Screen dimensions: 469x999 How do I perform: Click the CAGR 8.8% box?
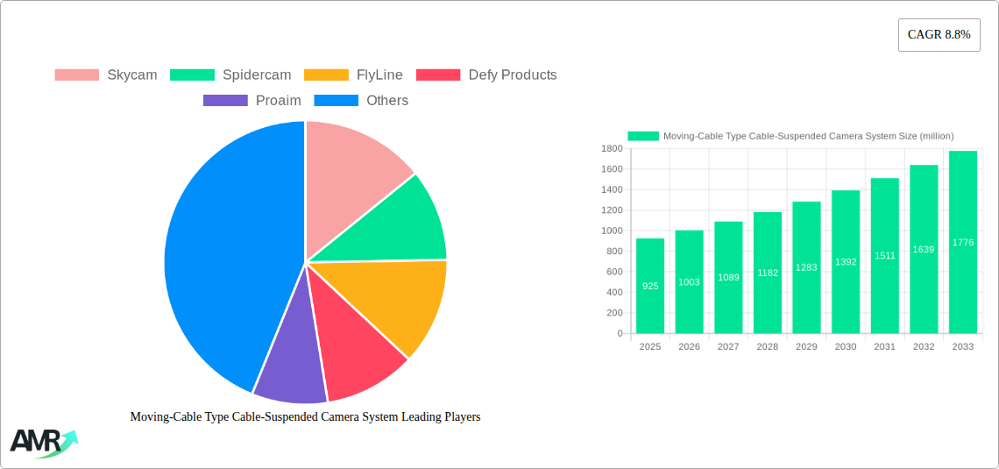point(939,35)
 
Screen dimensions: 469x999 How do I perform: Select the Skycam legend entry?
point(106,75)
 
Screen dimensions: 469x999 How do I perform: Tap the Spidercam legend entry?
point(230,75)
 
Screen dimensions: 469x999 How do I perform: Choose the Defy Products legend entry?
point(486,75)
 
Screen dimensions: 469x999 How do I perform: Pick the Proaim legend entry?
point(252,101)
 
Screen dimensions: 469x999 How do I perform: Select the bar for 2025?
point(650,286)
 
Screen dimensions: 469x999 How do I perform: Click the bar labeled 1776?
point(962,242)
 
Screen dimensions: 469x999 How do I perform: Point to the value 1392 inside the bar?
point(846,262)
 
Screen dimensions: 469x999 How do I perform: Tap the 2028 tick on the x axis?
point(767,347)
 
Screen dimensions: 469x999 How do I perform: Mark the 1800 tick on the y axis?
point(611,149)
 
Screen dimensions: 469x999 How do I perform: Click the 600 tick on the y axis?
point(613,272)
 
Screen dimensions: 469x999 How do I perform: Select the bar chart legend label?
point(808,136)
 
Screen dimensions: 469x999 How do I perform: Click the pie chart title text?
point(305,417)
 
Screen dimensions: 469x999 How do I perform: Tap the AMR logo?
point(42,442)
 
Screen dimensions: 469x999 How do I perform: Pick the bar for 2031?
point(884,256)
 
